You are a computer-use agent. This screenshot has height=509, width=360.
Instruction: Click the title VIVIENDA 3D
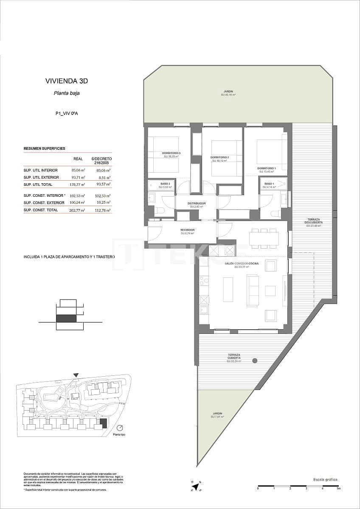pos(66,81)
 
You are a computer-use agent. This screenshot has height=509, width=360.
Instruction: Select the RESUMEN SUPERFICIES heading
pos(44,148)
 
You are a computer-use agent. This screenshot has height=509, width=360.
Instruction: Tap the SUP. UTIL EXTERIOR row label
pos(41,177)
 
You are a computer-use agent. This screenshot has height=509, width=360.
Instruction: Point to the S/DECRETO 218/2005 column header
pos(101,160)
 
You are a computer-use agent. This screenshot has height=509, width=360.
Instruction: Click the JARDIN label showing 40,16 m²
pos(228,93)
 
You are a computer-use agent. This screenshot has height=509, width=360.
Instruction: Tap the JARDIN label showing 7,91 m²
pos(217,415)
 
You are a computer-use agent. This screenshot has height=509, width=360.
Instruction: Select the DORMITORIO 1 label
pos(267,170)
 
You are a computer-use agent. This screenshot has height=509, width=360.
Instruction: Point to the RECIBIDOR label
pos(187,231)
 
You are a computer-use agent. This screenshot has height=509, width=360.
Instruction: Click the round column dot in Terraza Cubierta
pos(255,361)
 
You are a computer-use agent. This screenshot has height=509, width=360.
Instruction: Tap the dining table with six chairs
pos(264,238)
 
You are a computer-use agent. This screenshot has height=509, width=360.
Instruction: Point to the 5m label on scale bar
pos(338,489)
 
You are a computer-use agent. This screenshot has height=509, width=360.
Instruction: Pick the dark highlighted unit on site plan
pos(103,423)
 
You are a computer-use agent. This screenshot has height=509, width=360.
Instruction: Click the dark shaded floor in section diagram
pos(66,318)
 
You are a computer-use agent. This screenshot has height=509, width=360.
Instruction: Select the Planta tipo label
pos(119,435)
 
